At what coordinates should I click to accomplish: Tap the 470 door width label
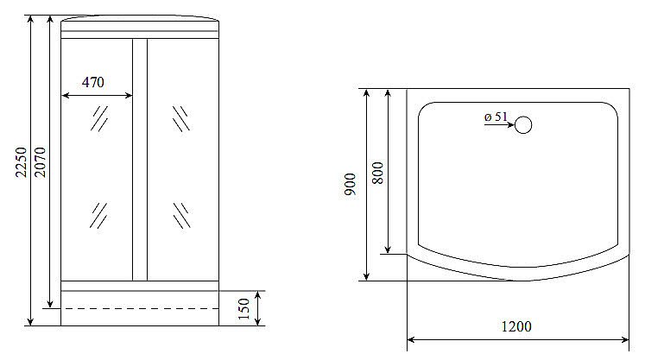[92, 83]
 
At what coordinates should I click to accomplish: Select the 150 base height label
[244, 307]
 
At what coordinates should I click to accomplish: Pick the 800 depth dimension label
[376, 174]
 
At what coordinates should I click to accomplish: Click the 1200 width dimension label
[516, 326]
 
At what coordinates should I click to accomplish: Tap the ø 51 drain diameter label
[496, 117]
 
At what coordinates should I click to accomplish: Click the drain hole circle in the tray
[523, 125]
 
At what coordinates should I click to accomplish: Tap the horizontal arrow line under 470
[98, 96]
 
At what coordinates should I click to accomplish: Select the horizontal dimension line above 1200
[517, 339]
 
